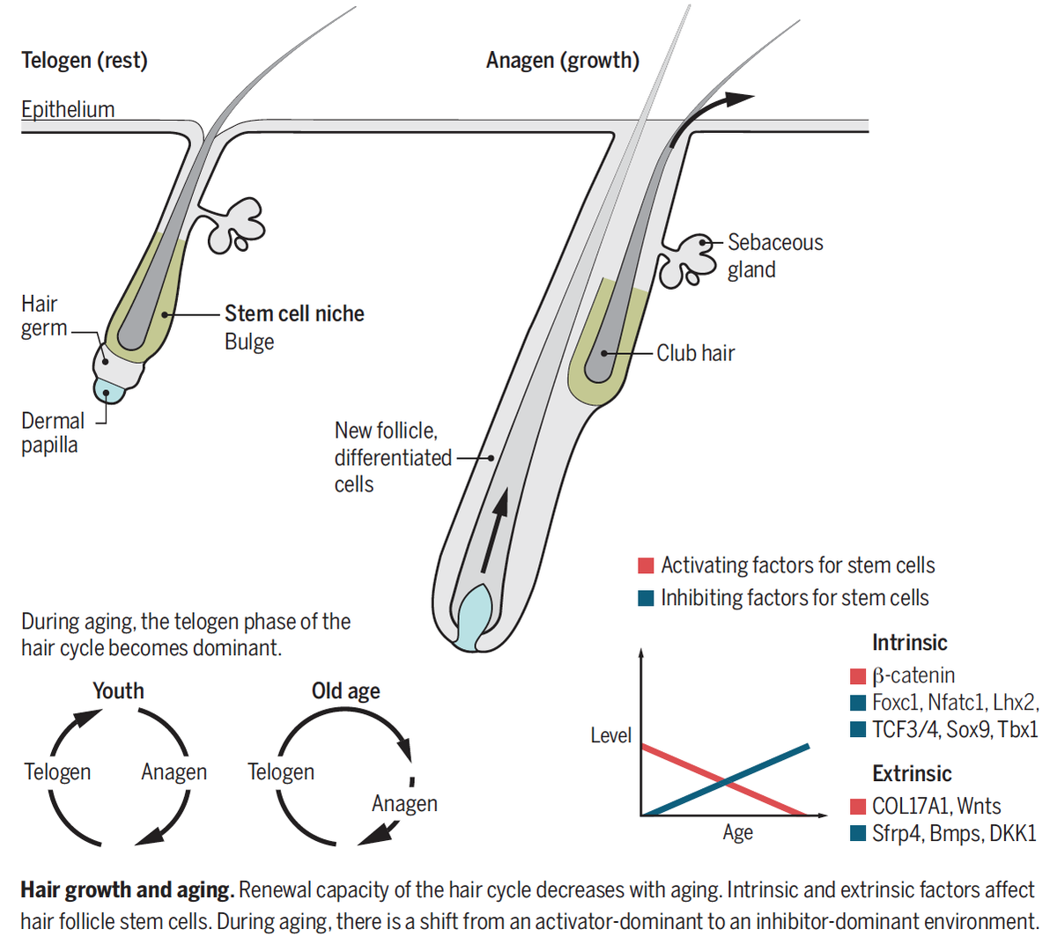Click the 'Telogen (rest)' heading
click(x=85, y=61)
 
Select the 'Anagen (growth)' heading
click(x=563, y=61)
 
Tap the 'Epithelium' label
click(x=68, y=109)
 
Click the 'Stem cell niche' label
click(x=294, y=313)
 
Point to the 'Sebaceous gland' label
click(x=775, y=255)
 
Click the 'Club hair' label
click(x=695, y=353)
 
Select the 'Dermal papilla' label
click(x=53, y=432)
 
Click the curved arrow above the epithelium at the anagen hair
click(x=705, y=114)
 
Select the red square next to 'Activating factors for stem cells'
click(x=646, y=565)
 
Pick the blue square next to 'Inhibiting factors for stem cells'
click(x=646, y=598)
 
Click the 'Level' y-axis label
click(x=610, y=735)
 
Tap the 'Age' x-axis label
click(x=737, y=832)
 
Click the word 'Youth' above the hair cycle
click(x=118, y=691)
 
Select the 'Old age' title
click(x=345, y=691)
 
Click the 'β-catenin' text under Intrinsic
click(x=913, y=676)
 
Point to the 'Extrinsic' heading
click(x=912, y=774)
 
